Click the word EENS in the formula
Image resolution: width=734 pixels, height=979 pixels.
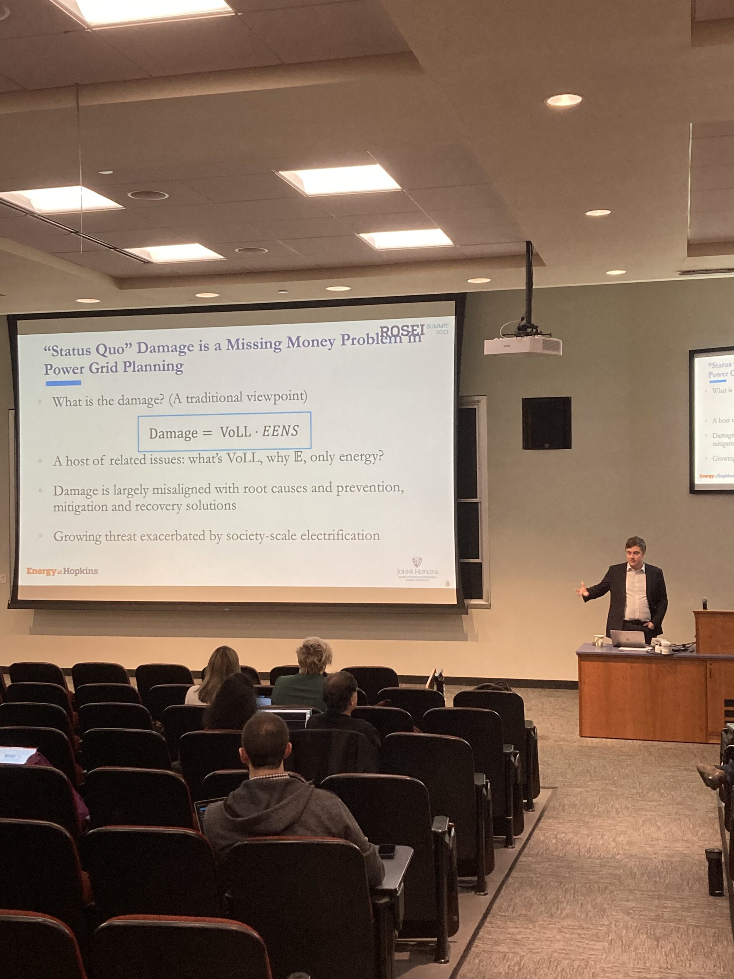(x=280, y=431)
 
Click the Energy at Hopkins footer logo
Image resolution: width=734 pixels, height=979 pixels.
(x=62, y=571)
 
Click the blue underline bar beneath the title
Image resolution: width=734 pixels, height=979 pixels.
(x=63, y=383)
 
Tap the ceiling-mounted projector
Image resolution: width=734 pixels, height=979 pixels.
(x=523, y=346)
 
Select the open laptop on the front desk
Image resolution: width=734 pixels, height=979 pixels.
(x=627, y=639)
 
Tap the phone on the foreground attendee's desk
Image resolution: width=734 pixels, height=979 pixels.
(x=387, y=850)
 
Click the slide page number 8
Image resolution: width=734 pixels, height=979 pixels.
(x=447, y=584)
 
